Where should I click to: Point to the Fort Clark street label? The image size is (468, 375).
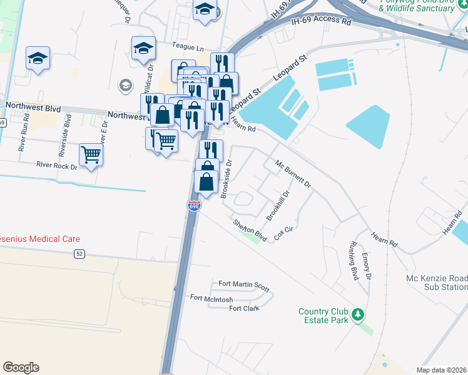(x=244, y=308)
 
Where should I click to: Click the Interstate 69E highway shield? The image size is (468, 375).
(x=194, y=205)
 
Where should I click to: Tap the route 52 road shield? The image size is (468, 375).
(x=79, y=253)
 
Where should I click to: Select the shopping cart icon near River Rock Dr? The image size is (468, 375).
(x=91, y=154)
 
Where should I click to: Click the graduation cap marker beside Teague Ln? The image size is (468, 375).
(x=143, y=47)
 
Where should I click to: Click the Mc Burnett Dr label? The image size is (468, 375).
(x=293, y=174)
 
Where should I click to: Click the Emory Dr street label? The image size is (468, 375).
(x=368, y=266)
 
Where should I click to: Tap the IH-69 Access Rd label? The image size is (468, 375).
(x=321, y=21)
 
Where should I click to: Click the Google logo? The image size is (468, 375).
(x=21, y=367)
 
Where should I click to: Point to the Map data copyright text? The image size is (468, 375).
(x=442, y=370)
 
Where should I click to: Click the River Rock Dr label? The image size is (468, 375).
(x=56, y=167)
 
